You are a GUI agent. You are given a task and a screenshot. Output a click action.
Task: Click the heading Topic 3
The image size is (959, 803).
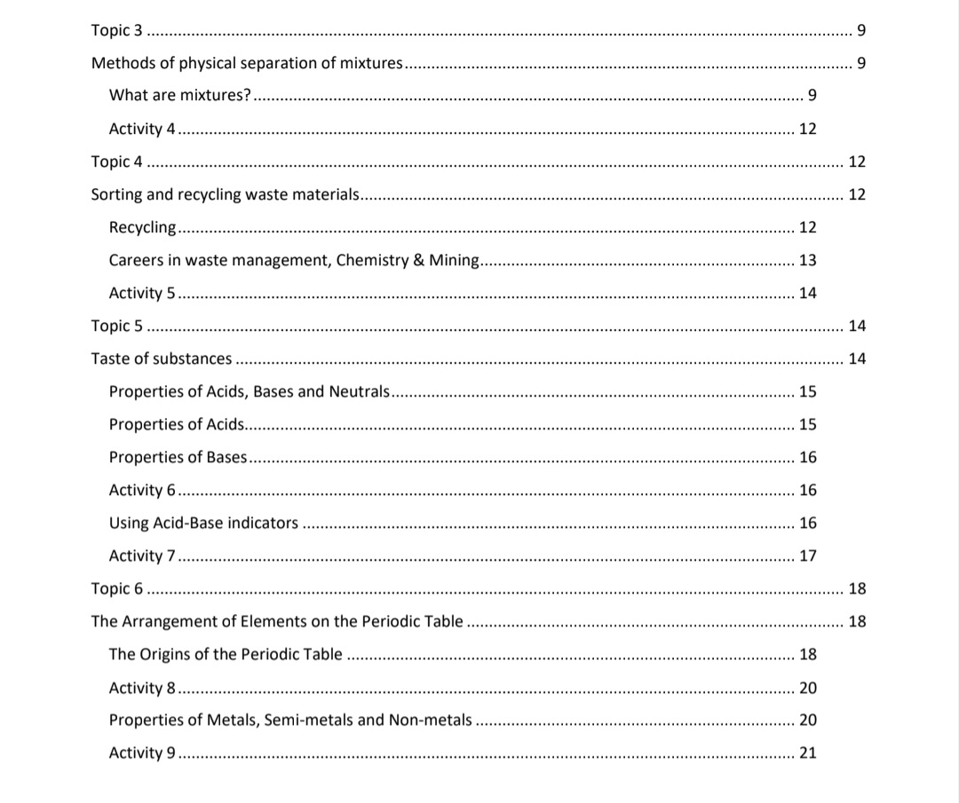click(116, 31)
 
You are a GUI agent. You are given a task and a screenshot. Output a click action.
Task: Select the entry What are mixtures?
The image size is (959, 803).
click(179, 96)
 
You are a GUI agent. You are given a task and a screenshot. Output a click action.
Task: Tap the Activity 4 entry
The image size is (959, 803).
click(141, 130)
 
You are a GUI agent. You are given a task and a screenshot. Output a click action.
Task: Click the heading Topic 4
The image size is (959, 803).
click(116, 162)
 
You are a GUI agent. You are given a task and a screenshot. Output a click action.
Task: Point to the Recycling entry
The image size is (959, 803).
click(142, 228)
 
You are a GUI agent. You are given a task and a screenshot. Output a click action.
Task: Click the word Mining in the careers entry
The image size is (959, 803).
click(454, 261)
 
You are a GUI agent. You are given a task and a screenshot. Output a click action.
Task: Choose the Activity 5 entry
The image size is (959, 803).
click(141, 294)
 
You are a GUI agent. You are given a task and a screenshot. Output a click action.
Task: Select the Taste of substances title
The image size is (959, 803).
click(162, 359)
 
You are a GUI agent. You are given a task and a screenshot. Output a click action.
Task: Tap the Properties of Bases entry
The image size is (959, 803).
click(178, 458)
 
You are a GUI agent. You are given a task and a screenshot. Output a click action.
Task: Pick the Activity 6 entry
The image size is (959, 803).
click(141, 491)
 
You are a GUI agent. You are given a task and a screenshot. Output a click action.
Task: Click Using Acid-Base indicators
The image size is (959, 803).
click(203, 524)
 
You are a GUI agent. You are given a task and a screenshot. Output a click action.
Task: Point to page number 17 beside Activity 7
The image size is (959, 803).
click(808, 556)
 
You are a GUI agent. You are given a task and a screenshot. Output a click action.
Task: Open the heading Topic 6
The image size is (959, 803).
click(116, 589)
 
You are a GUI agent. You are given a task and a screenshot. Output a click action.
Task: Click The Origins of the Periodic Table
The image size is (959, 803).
click(225, 655)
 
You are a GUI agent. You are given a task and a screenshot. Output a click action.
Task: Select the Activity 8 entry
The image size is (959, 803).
click(141, 688)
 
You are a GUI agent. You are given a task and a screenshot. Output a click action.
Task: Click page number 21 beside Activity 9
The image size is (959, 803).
click(808, 753)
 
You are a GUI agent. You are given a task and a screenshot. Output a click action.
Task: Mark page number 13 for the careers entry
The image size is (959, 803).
click(808, 261)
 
